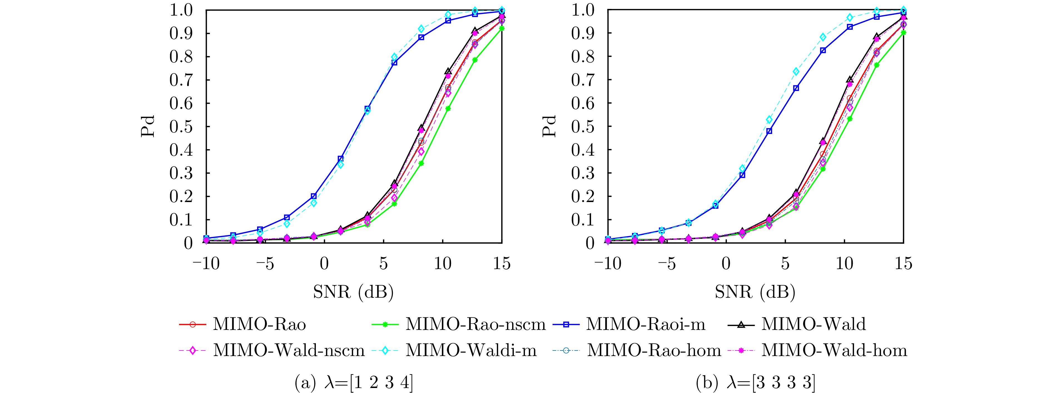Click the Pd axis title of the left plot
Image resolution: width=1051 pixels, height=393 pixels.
148,126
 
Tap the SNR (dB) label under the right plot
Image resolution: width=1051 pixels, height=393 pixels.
755,292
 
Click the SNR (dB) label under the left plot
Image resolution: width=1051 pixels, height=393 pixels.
353,292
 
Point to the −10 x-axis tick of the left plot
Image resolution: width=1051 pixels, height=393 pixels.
206,264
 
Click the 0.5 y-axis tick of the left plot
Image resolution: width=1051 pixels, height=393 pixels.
182,127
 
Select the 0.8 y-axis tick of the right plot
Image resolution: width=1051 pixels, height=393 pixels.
584,57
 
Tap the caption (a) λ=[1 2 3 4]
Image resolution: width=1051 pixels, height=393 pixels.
353,383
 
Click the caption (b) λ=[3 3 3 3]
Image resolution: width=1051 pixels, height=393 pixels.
755,383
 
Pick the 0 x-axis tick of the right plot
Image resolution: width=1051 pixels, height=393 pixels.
726,264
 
